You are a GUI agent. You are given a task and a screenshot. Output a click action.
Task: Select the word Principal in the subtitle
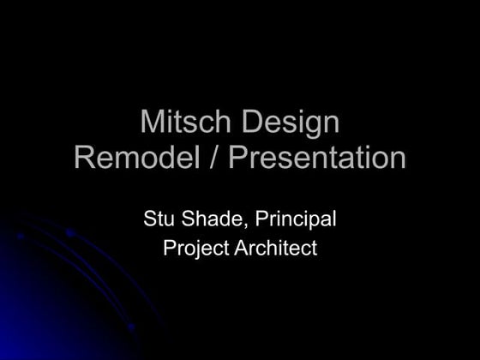(x=295, y=219)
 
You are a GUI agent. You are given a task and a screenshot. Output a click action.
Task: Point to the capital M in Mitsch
(x=151, y=123)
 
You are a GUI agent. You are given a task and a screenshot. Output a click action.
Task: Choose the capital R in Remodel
(x=86, y=158)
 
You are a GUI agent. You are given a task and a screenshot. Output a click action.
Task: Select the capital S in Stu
(x=149, y=219)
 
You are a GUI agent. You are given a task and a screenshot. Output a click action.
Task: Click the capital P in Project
(x=169, y=249)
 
